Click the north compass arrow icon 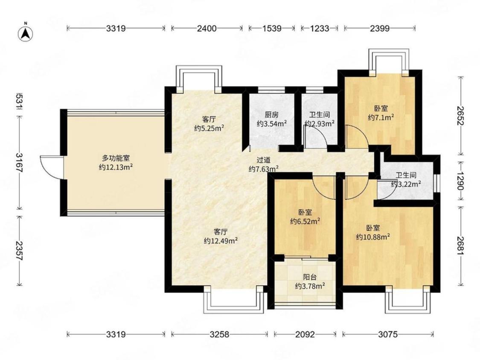pyautogui.click(x=26, y=32)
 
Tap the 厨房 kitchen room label pyautogui.click(x=271, y=115)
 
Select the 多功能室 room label pyautogui.click(x=116, y=158)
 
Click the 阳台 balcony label pyautogui.click(x=310, y=277)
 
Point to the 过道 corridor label pyautogui.click(x=264, y=160)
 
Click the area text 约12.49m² pyautogui.click(x=221, y=241)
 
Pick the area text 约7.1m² pyautogui.click(x=381, y=117)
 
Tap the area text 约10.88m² pyautogui.click(x=373, y=237)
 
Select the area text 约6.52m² pyautogui.click(x=305, y=221)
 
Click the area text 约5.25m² pyautogui.click(x=209, y=128)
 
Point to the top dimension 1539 pyautogui.click(x=272, y=29)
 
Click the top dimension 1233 pyautogui.click(x=320, y=29)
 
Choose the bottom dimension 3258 pyautogui.click(x=219, y=334)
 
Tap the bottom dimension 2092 pyautogui.click(x=305, y=334)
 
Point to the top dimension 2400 pyautogui.click(x=207, y=29)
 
